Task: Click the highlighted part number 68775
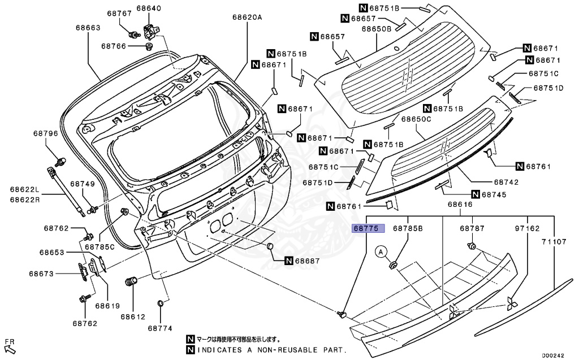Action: [368, 229]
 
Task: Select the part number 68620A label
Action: [247, 18]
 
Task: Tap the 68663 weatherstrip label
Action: [89, 27]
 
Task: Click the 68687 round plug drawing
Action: [270, 247]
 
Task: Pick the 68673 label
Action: [42, 274]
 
